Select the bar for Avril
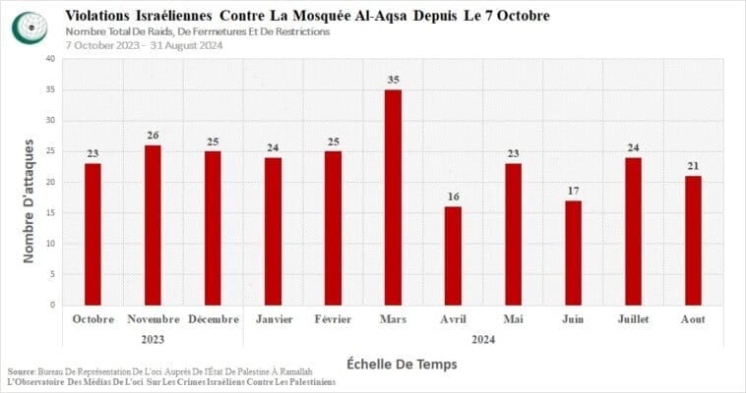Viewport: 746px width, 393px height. [453, 255]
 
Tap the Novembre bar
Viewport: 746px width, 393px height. [153, 225]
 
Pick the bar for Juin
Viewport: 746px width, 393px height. [573, 253]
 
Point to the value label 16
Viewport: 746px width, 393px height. [453, 197]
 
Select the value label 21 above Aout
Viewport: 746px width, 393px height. [693, 166]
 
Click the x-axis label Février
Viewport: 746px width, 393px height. [333, 319]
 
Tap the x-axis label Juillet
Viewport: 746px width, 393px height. [633, 319]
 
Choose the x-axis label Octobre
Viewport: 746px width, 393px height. [93, 319]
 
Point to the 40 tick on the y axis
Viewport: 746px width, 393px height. [49, 59]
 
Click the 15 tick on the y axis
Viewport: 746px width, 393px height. [49, 213]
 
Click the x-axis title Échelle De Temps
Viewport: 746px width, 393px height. [402, 365]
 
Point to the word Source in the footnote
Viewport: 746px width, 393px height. [21, 371]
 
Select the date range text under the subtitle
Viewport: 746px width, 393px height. [146, 45]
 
